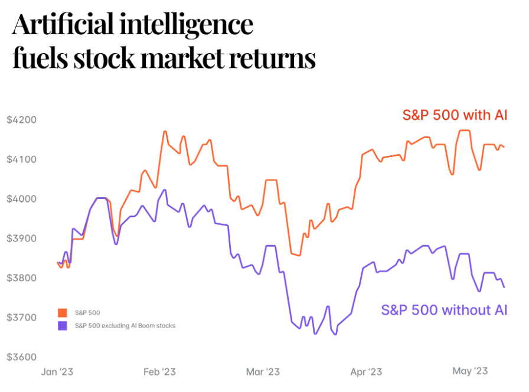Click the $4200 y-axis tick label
(x=21, y=120)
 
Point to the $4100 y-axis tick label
(x=21, y=159)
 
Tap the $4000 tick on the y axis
(x=21, y=199)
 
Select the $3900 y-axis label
(x=21, y=239)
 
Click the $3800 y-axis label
(x=21, y=278)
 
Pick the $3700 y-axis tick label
(x=21, y=318)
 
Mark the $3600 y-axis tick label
(x=21, y=357)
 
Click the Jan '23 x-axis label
(x=57, y=372)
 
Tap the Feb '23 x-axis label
(x=159, y=372)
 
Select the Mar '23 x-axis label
(x=263, y=372)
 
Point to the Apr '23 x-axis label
(x=366, y=372)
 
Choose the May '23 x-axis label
(x=470, y=371)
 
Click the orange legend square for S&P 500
(x=62, y=312)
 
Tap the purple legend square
(x=62, y=325)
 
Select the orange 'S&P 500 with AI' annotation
(x=455, y=115)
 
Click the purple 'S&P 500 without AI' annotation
(x=444, y=310)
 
